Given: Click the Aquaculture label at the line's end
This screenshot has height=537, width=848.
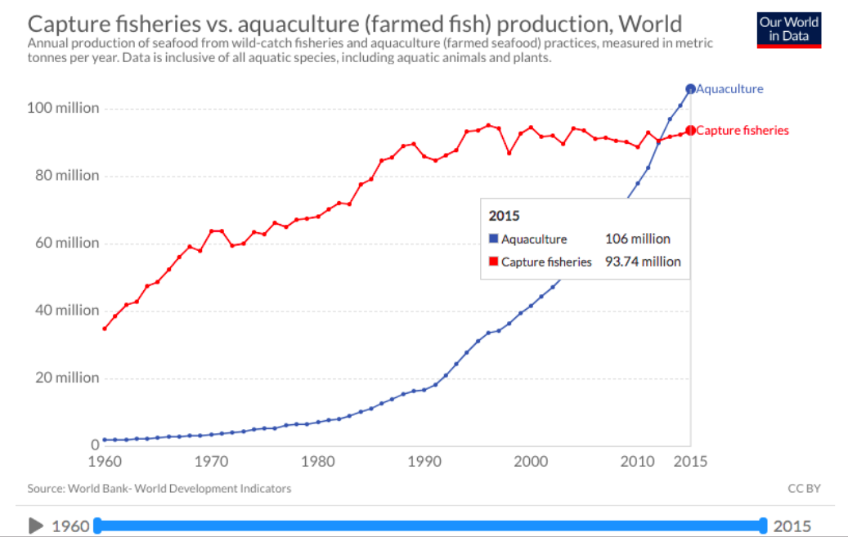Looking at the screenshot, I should (x=729, y=89).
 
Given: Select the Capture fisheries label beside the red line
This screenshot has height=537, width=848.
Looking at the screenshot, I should (x=742, y=131).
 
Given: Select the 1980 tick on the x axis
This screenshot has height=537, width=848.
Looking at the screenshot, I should (x=318, y=461).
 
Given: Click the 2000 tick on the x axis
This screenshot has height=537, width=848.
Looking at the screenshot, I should (x=531, y=461).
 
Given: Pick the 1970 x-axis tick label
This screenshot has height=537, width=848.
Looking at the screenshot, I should (x=211, y=461).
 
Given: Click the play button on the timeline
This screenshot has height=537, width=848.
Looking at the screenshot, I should (x=36, y=526).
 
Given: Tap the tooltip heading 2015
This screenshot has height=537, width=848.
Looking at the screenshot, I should (x=505, y=217).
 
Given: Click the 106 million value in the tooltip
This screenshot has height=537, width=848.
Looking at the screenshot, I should (x=637, y=239).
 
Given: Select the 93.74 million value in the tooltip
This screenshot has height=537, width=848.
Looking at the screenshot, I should (x=642, y=262).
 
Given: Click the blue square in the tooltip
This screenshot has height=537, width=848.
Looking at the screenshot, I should (x=493, y=239).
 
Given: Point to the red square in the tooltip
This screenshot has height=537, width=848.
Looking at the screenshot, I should (x=493, y=262).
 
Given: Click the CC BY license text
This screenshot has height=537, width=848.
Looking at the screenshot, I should (x=804, y=489).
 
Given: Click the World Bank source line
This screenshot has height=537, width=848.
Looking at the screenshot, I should (x=159, y=489).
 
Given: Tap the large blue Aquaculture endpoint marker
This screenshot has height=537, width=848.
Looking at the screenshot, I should (x=690, y=89).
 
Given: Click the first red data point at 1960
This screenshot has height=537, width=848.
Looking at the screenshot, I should (x=105, y=329).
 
